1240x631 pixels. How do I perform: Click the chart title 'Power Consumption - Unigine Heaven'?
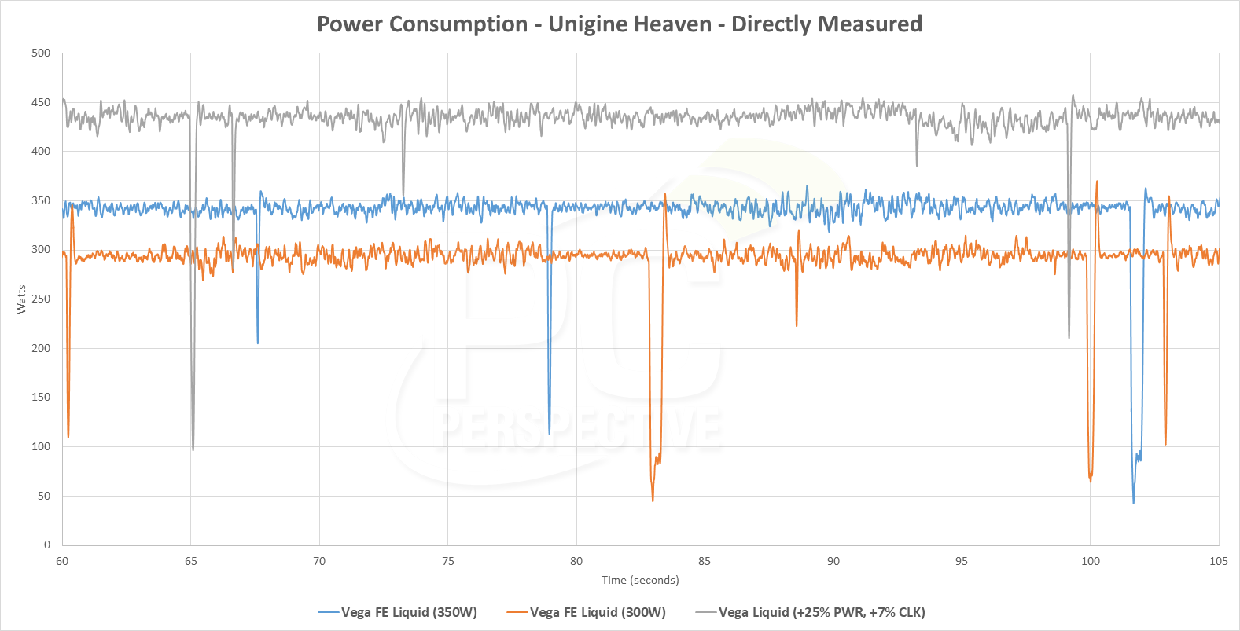click(x=619, y=24)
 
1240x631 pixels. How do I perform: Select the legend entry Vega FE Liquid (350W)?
click(x=409, y=612)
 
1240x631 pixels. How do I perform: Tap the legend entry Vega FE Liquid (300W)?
click(x=598, y=612)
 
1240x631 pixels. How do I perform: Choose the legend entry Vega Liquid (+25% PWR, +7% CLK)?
click(x=822, y=612)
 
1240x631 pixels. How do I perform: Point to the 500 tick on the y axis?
click(x=41, y=53)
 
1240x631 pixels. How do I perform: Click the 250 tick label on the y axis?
click(x=41, y=299)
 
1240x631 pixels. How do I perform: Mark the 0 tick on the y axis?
click(x=47, y=545)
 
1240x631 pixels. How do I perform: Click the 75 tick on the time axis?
click(x=447, y=561)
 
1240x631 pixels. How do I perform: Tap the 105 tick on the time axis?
click(x=1218, y=561)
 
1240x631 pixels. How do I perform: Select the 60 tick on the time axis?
click(x=62, y=561)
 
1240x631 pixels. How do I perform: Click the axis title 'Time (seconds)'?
click(x=640, y=580)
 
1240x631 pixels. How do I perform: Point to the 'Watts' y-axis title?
click(x=21, y=299)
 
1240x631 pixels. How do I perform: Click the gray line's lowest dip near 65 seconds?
click(x=193, y=449)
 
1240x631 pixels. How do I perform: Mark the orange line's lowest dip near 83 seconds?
click(x=653, y=501)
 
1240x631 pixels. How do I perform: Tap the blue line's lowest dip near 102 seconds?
click(x=1133, y=503)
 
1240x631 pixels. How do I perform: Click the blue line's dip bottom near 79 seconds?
click(x=549, y=434)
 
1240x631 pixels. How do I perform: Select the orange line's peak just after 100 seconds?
click(x=1097, y=182)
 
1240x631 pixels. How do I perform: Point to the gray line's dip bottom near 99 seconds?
click(x=1069, y=338)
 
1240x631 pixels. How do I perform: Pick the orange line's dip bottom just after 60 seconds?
click(x=68, y=437)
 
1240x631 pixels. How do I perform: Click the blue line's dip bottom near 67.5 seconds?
click(x=257, y=343)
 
